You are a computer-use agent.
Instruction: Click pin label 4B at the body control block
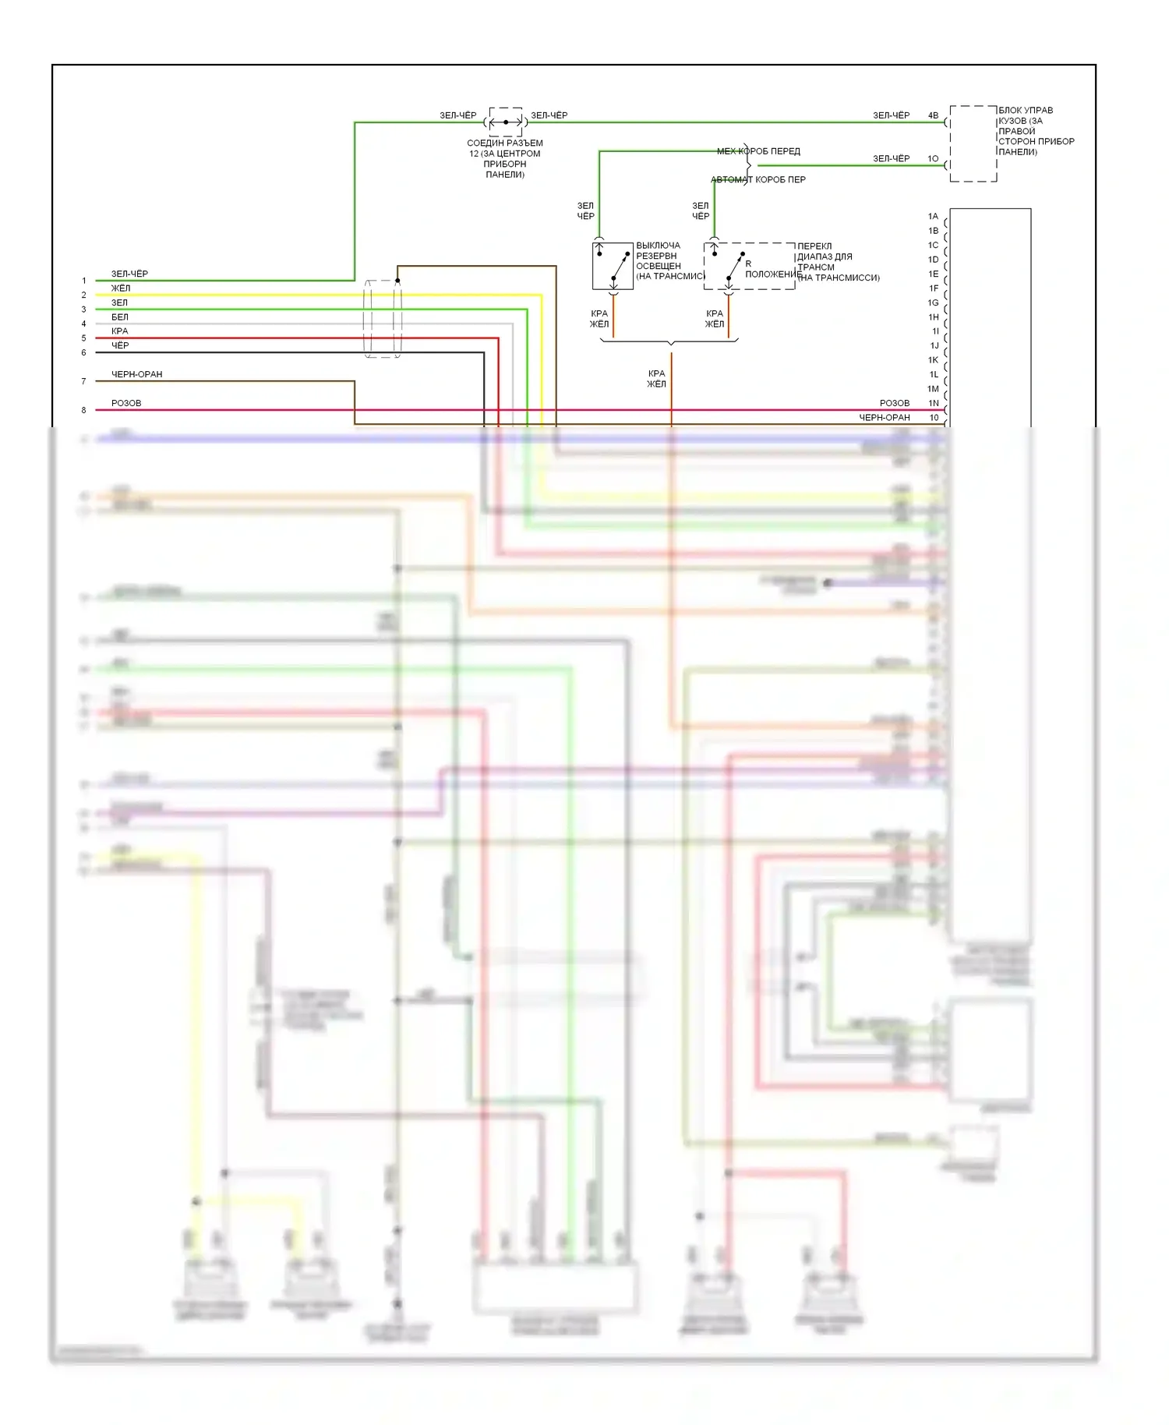[x=933, y=115]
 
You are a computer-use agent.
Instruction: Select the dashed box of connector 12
[x=506, y=122]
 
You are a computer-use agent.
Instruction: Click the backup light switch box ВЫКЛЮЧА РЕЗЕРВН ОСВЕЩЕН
[x=613, y=266]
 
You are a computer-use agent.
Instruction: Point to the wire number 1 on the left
[x=84, y=281]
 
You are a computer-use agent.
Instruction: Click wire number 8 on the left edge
[x=84, y=410]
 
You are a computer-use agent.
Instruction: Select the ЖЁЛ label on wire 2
[x=121, y=288]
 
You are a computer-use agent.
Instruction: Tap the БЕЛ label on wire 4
[x=120, y=317]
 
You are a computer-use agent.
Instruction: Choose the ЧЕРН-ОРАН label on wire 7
[x=137, y=374]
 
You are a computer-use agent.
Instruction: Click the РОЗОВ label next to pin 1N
[x=895, y=403]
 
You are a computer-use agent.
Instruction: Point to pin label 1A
[x=933, y=216]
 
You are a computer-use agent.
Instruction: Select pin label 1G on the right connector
[x=933, y=302]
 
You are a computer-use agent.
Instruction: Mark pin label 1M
[x=933, y=388]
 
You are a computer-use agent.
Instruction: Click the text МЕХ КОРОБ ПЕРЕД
[x=758, y=151]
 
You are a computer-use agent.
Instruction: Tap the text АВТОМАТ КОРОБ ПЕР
[x=758, y=179]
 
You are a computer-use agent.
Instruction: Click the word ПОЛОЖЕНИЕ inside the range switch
[x=773, y=274]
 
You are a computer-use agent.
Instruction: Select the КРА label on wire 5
[x=120, y=331]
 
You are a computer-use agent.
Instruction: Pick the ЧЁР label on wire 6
[x=120, y=345]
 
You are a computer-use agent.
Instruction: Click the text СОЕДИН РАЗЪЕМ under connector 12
[x=505, y=143]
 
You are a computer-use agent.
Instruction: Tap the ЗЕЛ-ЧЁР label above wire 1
[x=129, y=274]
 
